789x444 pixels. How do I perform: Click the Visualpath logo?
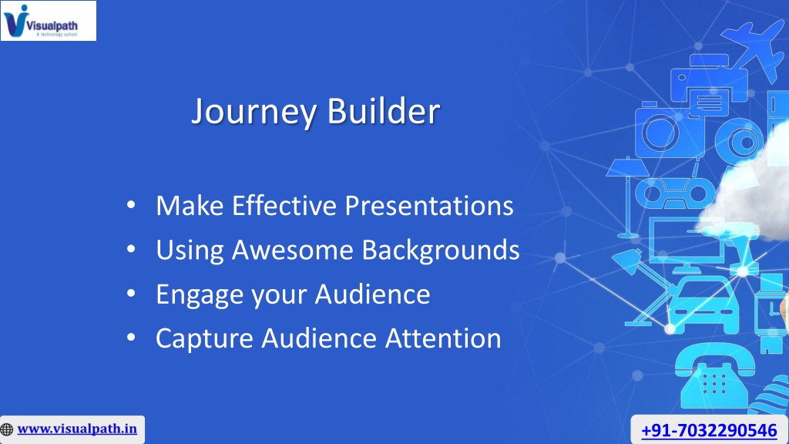tap(49, 21)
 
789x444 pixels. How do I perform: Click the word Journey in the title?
tap(254, 112)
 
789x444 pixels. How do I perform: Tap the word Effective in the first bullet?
tap(284, 205)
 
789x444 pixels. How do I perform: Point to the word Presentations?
tap(429, 206)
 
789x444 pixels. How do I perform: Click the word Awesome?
tap(292, 250)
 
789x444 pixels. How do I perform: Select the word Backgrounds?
tap(441, 251)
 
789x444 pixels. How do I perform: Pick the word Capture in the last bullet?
tap(204, 339)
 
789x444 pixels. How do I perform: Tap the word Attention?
tap(443, 338)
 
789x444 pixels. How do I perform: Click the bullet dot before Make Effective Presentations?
tap(131, 205)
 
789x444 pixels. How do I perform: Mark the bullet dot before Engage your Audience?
tap(131, 293)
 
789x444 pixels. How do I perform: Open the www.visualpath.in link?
tap(77, 429)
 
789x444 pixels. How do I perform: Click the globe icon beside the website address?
tap(7, 429)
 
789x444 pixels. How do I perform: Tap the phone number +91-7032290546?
tap(709, 430)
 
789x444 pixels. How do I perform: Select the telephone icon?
tap(715, 375)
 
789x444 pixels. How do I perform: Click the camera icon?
tap(664, 129)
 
